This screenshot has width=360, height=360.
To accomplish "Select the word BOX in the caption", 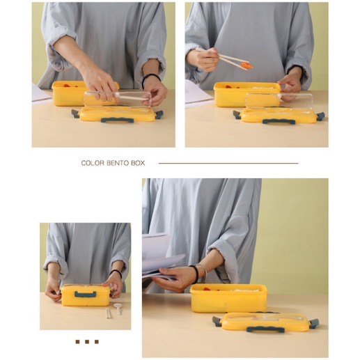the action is [138, 163].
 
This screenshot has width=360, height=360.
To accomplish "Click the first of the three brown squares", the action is [77, 341].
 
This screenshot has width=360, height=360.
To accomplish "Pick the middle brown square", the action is [87, 341].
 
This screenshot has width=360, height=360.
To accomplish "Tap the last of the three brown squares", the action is [97, 341].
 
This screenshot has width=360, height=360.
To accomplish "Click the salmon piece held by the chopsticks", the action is [246, 65].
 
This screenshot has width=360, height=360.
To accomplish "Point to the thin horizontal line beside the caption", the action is [228, 163].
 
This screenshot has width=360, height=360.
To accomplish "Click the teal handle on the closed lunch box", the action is [85, 295].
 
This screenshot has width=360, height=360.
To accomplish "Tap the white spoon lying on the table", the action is [118, 308].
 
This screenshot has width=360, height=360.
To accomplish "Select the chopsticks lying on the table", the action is [109, 313].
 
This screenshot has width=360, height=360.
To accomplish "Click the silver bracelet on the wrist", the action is [204, 272].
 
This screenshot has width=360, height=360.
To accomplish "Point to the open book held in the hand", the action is [162, 256].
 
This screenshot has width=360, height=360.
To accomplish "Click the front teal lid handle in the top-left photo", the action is [117, 120].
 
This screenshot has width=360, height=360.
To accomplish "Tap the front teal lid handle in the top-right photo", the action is [279, 121].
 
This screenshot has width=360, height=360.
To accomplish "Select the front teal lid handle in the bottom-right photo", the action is [265, 329].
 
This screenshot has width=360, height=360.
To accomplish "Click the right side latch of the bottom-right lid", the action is [313, 323].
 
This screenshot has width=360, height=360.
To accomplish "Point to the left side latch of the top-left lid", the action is [76, 114].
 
